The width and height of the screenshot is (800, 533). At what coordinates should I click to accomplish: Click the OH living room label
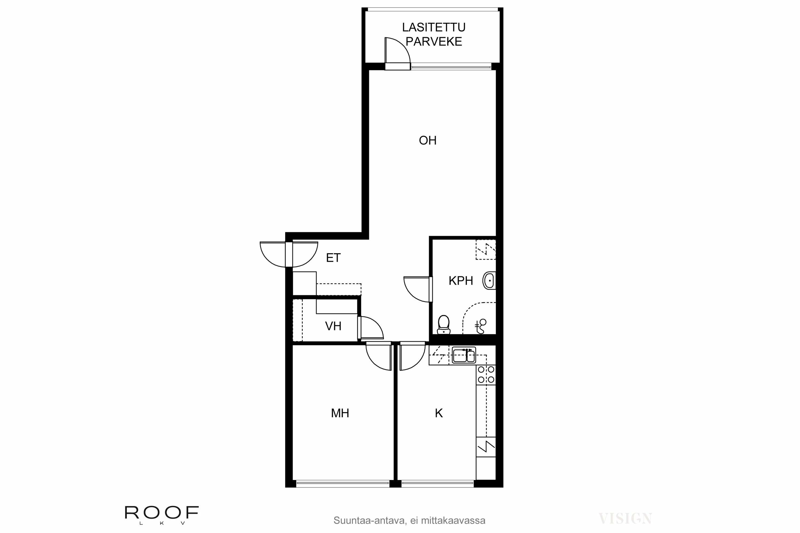coord(427,140)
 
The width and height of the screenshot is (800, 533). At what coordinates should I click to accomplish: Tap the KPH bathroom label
coord(461,281)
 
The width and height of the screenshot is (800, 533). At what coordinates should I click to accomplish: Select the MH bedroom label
coord(340,413)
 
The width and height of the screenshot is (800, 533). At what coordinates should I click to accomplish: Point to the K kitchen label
coord(439,413)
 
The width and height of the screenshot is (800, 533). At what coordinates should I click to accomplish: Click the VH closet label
coord(333,326)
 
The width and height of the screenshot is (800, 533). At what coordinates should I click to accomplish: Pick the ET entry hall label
coord(333,258)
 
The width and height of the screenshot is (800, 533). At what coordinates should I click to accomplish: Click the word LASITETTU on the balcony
coord(434,27)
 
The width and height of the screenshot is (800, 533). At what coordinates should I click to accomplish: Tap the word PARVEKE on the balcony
coord(434,42)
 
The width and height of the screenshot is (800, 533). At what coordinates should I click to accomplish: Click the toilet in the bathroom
coord(443,325)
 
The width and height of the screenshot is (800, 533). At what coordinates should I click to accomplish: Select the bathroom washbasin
coord(489,281)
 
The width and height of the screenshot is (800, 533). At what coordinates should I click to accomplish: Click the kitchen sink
coord(464,356)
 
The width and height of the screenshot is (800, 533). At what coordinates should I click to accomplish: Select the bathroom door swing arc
coord(413,293)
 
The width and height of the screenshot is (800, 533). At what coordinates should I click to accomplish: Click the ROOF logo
coord(162,512)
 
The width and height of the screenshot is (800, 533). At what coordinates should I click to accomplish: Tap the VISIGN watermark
coord(625,519)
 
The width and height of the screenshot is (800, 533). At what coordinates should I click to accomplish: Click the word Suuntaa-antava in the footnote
coord(369,520)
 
